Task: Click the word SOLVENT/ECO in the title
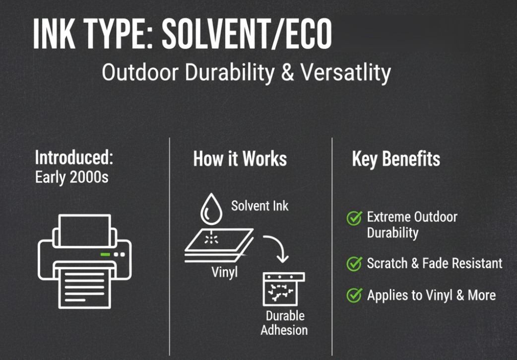click(x=247, y=34)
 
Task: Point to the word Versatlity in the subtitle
click(x=345, y=72)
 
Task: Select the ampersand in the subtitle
click(x=287, y=72)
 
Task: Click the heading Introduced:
click(x=74, y=157)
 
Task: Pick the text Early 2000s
click(x=72, y=177)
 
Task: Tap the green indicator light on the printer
click(x=105, y=254)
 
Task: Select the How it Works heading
click(x=240, y=159)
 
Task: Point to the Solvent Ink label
click(x=259, y=206)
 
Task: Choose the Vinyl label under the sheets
click(x=224, y=273)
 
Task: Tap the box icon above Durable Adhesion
click(x=284, y=289)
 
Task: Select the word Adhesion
click(x=284, y=330)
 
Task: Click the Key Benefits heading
click(x=396, y=159)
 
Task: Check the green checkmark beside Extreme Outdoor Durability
click(x=354, y=218)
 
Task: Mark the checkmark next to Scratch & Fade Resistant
click(x=354, y=264)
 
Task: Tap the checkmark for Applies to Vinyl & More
click(x=354, y=295)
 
